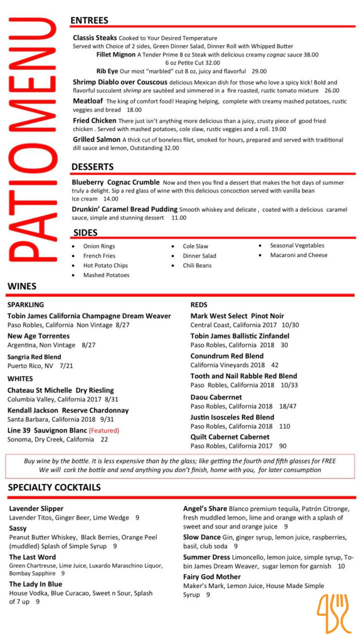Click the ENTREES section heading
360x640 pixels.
[x=89, y=20]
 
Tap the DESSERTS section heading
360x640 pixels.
[x=92, y=166]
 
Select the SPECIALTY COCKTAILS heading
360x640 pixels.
[x=54, y=487]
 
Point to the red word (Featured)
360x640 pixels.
[x=104, y=430]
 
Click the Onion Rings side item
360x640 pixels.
[x=99, y=246]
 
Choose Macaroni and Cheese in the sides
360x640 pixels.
[x=298, y=255]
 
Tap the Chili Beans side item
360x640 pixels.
[x=197, y=265]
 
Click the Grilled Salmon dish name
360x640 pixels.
[x=96, y=139]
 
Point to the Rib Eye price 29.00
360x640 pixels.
[x=259, y=71]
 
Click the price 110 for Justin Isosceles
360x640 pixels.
[x=284, y=426]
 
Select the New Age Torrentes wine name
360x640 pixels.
[x=38, y=336]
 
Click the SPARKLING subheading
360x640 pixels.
[x=25, y=304]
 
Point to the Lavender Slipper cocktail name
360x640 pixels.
[x=36, y=508]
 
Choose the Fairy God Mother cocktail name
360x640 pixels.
[x=211, y=576]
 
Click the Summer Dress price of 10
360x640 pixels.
[x=341, y=566]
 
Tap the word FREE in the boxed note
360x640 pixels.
[x=327, y=461]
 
